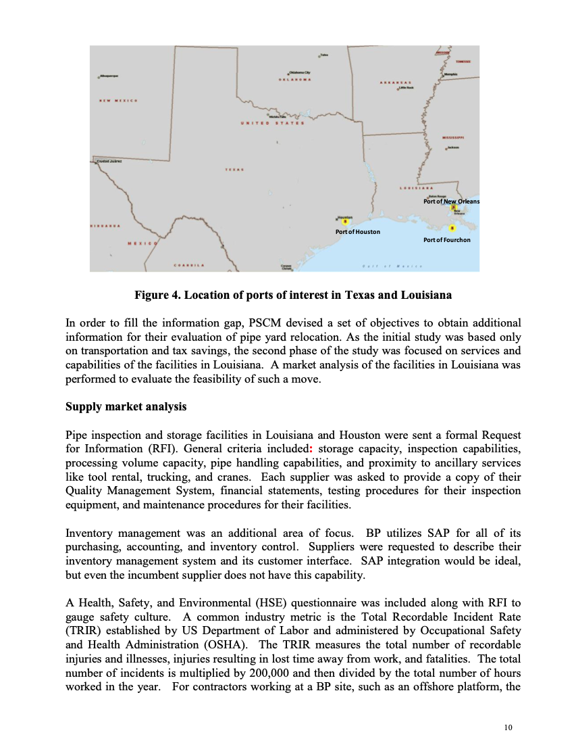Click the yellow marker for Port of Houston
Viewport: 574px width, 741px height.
(x=344, y=221)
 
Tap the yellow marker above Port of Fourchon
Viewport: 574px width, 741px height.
(x=451, y=228)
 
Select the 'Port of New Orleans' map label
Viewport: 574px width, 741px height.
(x=450, y=201)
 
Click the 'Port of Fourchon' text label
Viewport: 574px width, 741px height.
(x=446, y=240)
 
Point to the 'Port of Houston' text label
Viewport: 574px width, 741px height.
(x=357, y=232)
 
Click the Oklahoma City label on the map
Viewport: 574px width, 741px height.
(x=299, y=72)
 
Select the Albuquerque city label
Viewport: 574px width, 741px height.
(x=109, y=76)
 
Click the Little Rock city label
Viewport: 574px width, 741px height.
(x=406, y=88)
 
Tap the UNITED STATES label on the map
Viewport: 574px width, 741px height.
(x=273, y=124)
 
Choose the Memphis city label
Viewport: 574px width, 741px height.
(x=451, y=74)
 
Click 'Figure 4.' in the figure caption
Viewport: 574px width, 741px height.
(x=157, y=295)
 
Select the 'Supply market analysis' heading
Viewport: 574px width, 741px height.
(x=126, y=407)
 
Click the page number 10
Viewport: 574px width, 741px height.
(x=508, y=727)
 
